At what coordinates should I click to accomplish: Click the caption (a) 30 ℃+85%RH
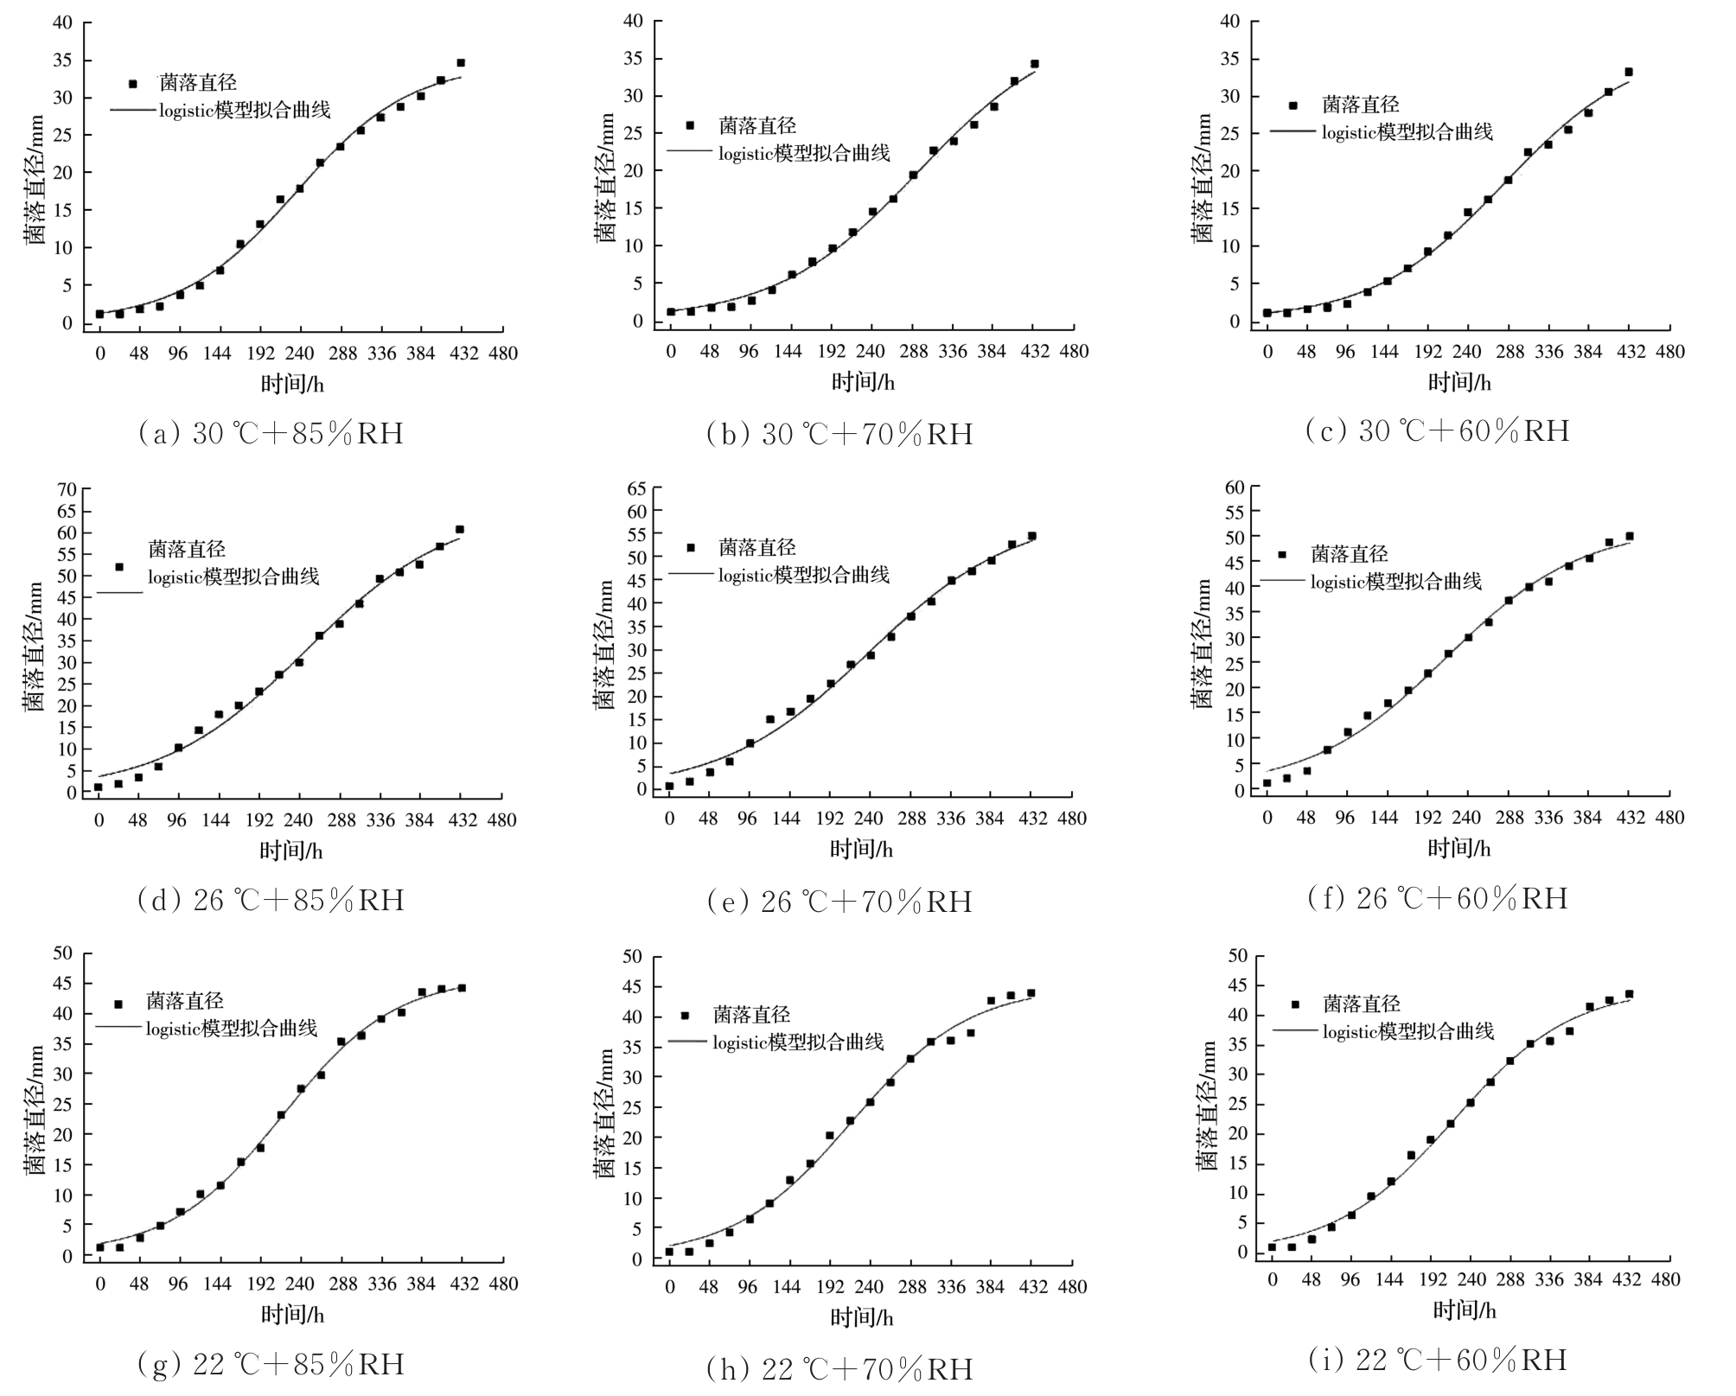(271, 432)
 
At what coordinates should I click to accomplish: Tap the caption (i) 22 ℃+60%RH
(1437, 1360)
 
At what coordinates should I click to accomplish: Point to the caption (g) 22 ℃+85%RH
(271, 1364)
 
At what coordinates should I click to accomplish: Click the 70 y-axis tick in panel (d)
(67, 489)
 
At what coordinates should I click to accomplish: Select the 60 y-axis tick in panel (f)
(1235, 488)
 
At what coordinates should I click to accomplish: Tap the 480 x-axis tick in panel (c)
(1669, 351)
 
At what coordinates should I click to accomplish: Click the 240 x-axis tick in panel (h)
(870, 1287)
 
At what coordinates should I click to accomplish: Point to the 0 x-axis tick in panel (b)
(670, 351)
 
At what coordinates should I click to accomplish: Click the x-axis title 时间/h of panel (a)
(292, 383)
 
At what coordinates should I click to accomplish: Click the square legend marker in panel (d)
(119, 567)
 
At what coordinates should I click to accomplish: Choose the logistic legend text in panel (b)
(804, 153)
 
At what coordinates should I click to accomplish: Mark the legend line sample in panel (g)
(118, 1027)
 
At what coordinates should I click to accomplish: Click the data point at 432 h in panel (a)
(461, 62)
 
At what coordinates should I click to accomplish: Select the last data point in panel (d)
(460, 529)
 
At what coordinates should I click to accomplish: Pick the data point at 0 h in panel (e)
(669, 786)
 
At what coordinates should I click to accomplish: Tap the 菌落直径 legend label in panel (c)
(1361, 105)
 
